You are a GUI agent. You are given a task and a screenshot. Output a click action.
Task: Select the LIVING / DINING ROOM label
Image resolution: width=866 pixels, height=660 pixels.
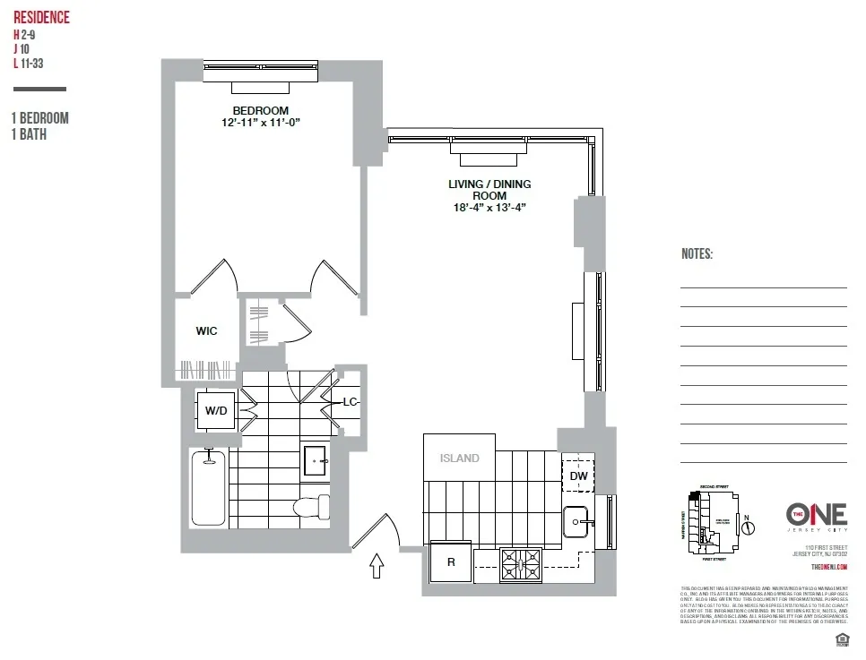[489, 190]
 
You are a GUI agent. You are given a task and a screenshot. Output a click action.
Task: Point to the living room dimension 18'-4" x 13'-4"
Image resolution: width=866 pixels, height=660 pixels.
[489, 208]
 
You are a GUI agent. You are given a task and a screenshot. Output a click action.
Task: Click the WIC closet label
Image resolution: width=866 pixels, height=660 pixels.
[206, 330]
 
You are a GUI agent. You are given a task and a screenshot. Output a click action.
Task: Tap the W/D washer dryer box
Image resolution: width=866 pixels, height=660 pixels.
[216, 411]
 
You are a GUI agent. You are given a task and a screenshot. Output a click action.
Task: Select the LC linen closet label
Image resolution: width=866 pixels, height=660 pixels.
[350, 402]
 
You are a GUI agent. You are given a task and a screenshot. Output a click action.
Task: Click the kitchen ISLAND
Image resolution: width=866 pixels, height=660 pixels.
[459, 458]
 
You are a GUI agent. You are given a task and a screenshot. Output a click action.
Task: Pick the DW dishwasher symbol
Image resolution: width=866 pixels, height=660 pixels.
[579, 476]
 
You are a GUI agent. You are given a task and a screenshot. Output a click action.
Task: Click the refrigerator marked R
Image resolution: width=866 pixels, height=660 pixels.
[450, 563]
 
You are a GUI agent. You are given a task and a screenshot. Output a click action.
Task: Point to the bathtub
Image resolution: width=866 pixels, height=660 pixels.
[208, 488]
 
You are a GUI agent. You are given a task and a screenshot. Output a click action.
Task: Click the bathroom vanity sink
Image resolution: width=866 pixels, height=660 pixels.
[316, 460]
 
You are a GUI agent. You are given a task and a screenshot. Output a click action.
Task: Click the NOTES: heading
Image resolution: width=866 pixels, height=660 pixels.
[697, 254]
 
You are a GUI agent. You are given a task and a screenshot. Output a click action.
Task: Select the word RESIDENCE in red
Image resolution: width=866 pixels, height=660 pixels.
[41, 18]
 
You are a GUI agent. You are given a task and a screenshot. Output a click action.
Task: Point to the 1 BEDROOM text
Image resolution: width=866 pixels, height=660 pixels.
[40, 118]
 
